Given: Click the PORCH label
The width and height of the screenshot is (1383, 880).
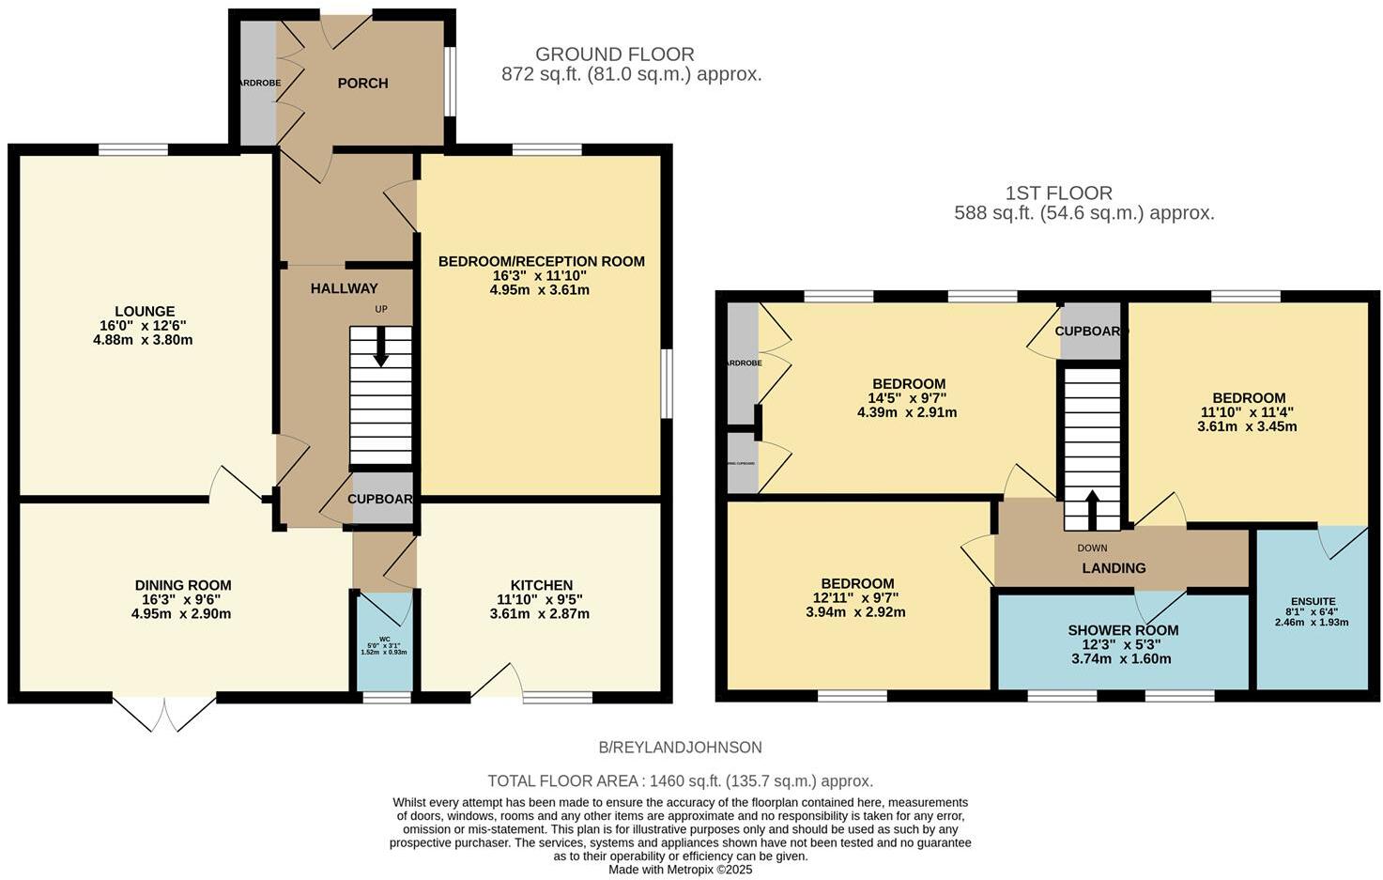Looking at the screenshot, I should tap(362, 84).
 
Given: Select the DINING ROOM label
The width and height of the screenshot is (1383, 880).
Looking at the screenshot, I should tap(183, 585).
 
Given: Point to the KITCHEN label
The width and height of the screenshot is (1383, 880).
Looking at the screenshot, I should tap(541, 585).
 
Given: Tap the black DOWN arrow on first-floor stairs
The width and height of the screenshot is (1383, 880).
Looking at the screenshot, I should tap(1092, 510).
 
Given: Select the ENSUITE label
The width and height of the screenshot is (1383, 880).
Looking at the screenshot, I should tap(1313, 601).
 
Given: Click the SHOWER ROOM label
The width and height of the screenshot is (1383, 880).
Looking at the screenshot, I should tap(1123, 630).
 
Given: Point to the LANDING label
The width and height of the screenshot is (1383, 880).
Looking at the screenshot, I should tap(1114, 568).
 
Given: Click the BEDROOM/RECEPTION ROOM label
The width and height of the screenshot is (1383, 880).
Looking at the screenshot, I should tap(542, 261).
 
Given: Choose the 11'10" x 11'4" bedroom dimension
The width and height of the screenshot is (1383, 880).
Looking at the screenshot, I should tap(1248, 412).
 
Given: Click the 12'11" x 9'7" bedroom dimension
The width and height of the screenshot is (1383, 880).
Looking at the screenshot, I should tap(857, 598).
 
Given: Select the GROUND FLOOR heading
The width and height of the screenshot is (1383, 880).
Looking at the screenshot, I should tap(615, 54).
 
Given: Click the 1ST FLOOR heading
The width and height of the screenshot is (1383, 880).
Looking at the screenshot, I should tap(1058, 193).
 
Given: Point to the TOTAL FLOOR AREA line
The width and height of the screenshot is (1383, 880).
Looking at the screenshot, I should tap(680, 780).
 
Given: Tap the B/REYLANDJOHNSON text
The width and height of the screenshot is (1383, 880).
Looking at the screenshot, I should tap(680, 748).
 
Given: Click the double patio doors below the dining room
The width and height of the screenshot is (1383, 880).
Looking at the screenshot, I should tap(164, 714).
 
